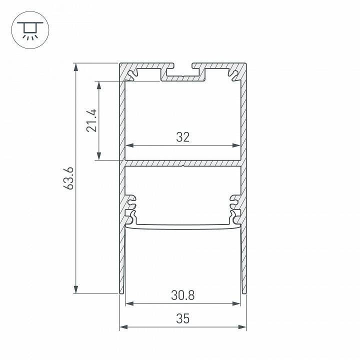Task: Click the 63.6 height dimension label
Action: pyautogui.click(x=69, y=178)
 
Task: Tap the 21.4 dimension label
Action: pyautogui.click(x=91, y=120)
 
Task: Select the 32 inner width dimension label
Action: pyautogui.click(x=183, y=137)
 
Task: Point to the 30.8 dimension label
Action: pyautogui.click(x=183, y=295)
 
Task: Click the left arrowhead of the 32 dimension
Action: pyautogui.click(x=128, y=146)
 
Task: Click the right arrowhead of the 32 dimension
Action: pyautogui.click(x=238, y=146)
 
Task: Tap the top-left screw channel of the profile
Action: pyautogui.click(x=133, y=75)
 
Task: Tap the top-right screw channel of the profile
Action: pyautogui.click(x=233, y=75)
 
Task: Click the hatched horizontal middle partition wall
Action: pyautogui.click(x=183, y=163)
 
